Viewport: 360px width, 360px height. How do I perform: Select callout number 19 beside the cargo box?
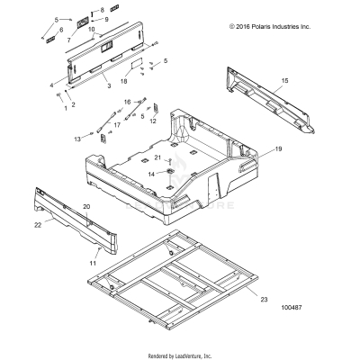click(278, 148)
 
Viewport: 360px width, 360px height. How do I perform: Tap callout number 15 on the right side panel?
click(284, 81)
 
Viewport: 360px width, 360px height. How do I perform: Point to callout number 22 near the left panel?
click(38, 224)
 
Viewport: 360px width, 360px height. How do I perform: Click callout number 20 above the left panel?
click(86, 207)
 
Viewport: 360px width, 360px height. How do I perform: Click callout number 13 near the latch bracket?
click(76, 139)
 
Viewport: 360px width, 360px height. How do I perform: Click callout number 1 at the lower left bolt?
click(65, 109)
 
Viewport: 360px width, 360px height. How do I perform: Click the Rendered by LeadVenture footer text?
click(179, 355)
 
